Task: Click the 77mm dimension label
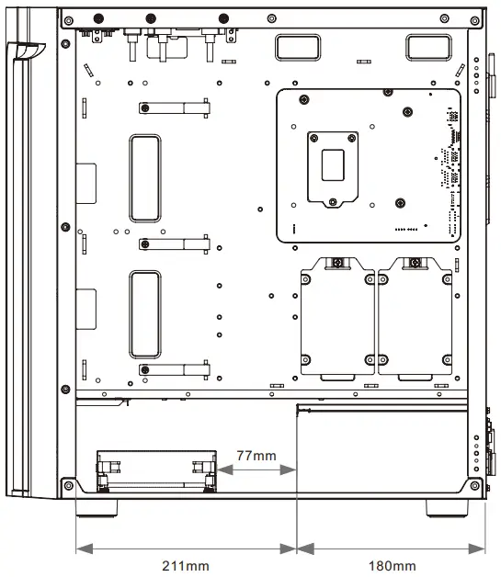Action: (x=256, y=456)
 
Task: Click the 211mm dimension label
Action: (x=186, y=566)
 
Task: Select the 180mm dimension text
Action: (x=393, y=566)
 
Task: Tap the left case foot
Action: (x=97, y=508)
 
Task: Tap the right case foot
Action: (x=447, y=508)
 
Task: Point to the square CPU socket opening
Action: (x=333, y=164)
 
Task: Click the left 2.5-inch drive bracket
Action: (x=337, y=319)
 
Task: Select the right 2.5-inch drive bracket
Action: (x=415, y=319)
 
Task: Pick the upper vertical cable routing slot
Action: (x=145, y=178)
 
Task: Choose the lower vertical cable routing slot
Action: (x=145, y=314)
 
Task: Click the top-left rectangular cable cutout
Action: (x=298, y=48)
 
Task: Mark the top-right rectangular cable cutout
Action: (x=428, y=48)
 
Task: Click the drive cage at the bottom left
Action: (x=156, y=471)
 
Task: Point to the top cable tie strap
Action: (x=175, y=108)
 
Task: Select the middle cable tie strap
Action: (x=175, y=244)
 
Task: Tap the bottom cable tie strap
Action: (x=175, y=369)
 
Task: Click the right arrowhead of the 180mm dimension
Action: (x=477, y=549)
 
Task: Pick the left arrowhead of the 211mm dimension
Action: (x=85, y=549)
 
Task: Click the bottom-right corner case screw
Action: (x=475, y=485)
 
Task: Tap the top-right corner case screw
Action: (x=475, y=20)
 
